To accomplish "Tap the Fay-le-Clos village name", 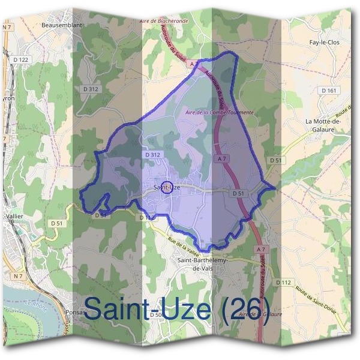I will tap(325, 43).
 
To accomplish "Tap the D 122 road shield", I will tap(20, 59).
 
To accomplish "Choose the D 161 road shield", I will tap(329, 91).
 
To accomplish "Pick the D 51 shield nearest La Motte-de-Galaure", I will tap(275, 160).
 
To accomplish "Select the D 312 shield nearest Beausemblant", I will tap(91, 89).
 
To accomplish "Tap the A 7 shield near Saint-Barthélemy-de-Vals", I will tap(260, 248).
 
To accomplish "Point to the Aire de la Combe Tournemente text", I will tap(220, 112).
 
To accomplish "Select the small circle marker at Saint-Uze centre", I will tap(168, 187).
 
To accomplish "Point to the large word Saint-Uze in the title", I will tap(148, 309).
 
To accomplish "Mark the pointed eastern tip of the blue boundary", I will tap(275, 188).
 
